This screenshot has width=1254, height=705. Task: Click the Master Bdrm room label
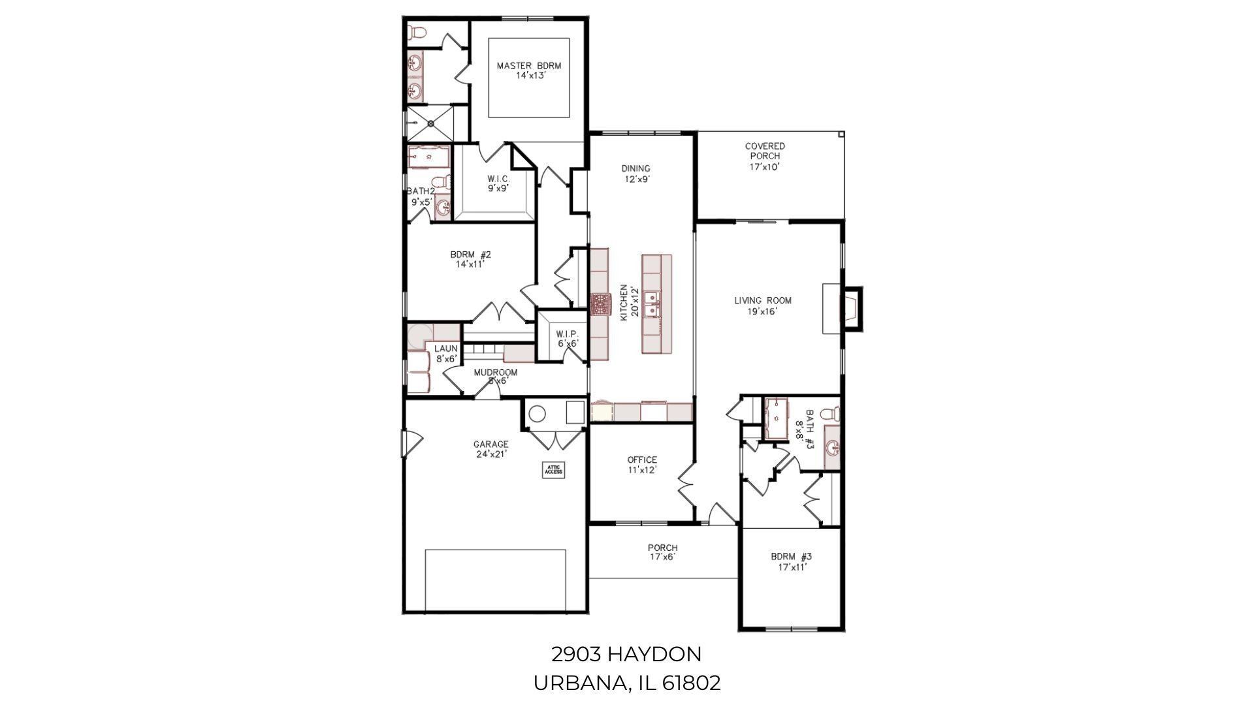(528, 66)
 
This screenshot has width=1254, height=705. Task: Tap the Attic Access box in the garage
(554, 469)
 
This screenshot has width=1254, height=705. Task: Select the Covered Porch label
(765, 151)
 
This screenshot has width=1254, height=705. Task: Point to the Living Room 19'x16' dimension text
(762, 312)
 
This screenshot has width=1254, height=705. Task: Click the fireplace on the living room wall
(850, 307)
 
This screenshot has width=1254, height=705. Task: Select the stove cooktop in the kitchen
(600, 305)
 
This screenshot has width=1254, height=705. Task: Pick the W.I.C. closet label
(498, 179)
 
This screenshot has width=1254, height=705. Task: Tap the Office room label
(641, 460)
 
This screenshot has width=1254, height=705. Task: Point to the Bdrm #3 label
(791, 557)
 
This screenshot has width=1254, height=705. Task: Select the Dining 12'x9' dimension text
(635, 179)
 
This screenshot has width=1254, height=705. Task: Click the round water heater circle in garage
(537, 413)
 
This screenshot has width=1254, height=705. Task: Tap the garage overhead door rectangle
(495, 580)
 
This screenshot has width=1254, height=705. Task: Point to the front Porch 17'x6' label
(662, 548)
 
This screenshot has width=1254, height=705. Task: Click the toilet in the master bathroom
(417, 31)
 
